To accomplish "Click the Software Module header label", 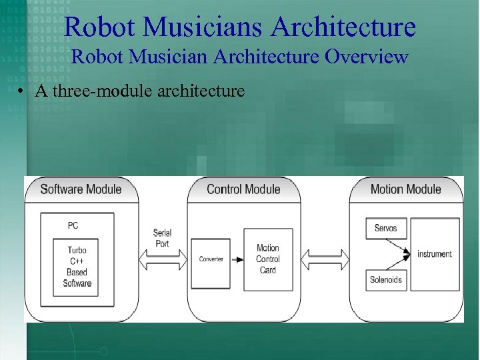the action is point(81,189).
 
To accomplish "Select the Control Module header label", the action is point(243,189).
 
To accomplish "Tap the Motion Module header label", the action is point(405,189).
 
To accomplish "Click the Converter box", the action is point(211,259).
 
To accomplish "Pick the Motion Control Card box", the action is point(268,259).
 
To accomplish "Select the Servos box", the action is point(385,228).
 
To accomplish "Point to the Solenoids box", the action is point(385,279).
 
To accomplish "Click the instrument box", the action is point(435,254).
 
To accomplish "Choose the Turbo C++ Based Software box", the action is point(77,267).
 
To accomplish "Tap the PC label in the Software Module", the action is point(73,225).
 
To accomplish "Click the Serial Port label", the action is point(162,238).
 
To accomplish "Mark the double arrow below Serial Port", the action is point(162,258).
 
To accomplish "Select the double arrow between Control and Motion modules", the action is point(325,258).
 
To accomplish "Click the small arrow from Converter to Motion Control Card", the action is point(237,259).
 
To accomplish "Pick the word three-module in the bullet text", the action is point(100,91).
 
